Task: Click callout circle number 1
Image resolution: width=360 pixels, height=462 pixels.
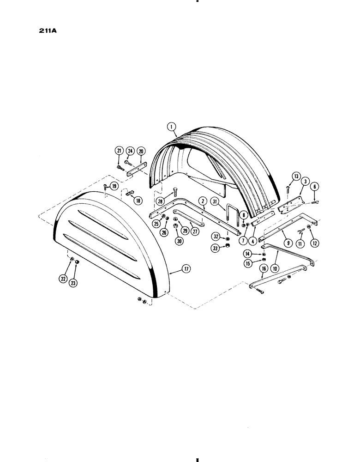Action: [171, 125]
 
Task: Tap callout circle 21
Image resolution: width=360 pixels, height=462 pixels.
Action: [119, 152]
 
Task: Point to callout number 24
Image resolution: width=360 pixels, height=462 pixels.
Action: [130, 152]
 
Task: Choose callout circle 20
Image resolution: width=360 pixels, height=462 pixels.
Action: [141, 152]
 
